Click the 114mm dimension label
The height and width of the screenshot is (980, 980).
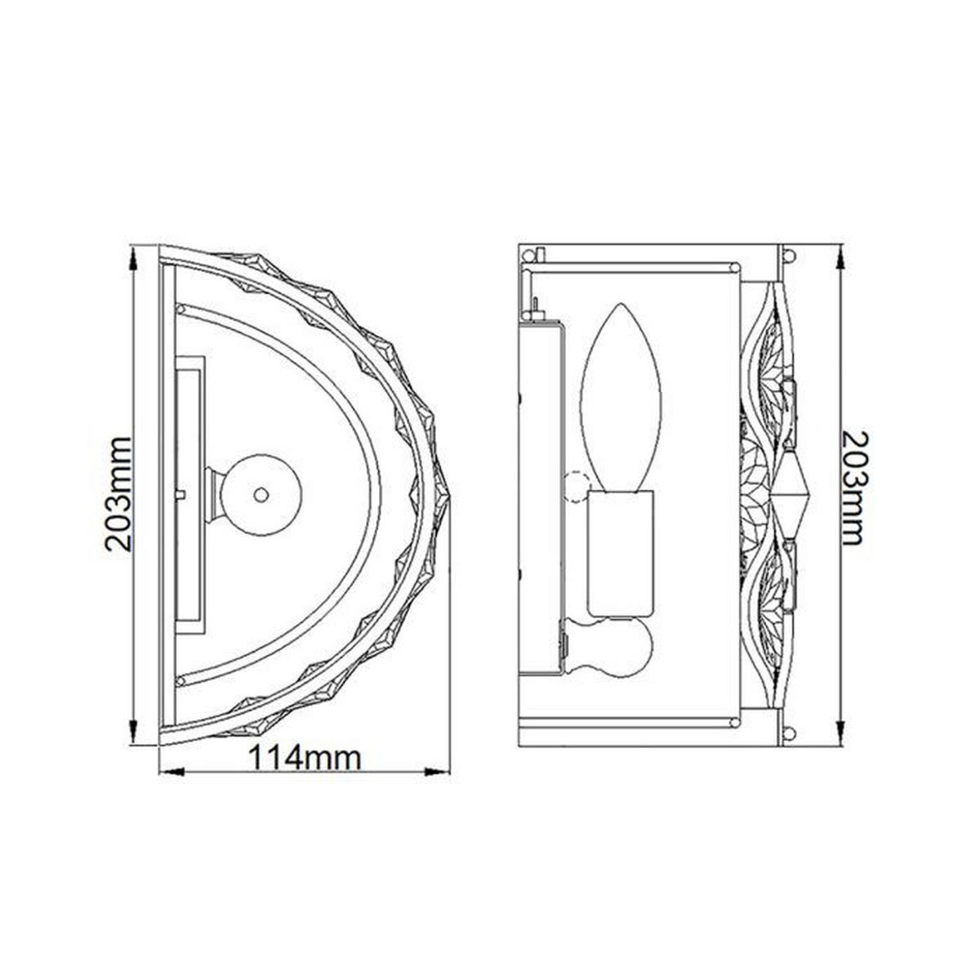point(304,758)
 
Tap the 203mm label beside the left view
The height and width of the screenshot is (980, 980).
point(118,494)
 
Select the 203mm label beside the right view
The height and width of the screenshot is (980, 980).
point(853,488)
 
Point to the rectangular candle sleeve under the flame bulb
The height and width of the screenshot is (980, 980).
point(620,554)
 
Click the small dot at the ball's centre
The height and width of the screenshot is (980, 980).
point(261,494)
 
